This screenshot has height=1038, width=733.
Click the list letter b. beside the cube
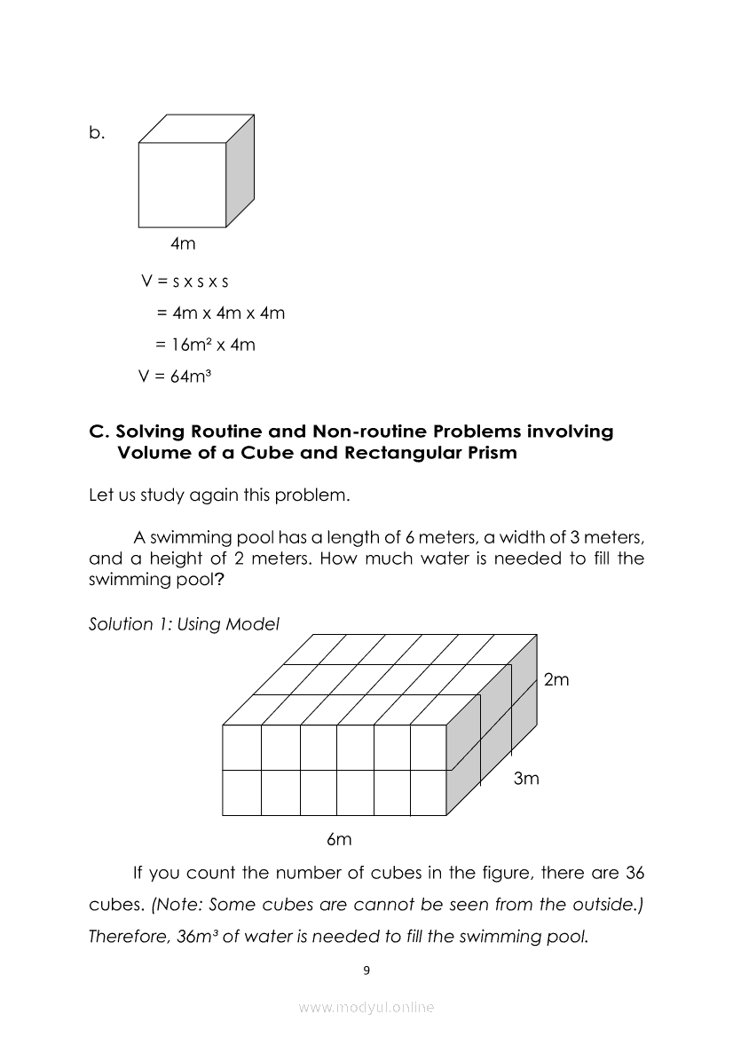point(97,133)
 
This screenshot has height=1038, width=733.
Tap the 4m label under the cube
point(183,243)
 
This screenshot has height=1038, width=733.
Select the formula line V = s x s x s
point(185,281)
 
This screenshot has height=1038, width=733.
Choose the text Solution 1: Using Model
point(184,624)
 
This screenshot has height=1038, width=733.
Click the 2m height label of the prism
point(556,680)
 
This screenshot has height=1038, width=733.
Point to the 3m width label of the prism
point(526,779)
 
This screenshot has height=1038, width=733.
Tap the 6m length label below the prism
point(339,839)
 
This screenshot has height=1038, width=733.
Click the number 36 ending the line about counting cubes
point(634,872)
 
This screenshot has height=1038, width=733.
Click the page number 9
point(366,970)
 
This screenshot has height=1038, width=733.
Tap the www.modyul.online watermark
point(366,1007)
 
